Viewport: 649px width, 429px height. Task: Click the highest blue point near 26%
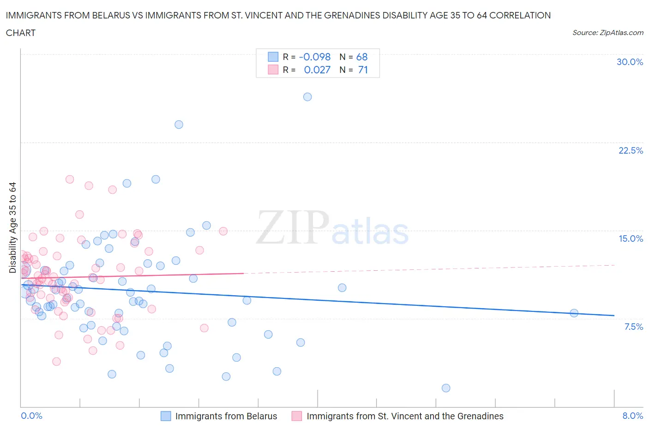pyautogui.click(x=307, y=97)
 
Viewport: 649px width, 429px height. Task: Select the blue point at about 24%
pyautogui.click(x=179, y=125)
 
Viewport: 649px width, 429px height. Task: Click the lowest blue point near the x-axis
pyautogui.click(x=446, y=388)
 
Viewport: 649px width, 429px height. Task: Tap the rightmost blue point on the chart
pyautogui.click(x=574, y=313)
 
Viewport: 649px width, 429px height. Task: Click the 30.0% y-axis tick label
pyautogui.click(x=630, y=62)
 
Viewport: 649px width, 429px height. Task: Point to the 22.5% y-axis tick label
pyautogui.click(x=631, y=151)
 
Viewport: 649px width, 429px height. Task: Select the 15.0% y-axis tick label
pyautogui.click(x=631, y=239)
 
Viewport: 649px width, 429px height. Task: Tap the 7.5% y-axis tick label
pyautogui.click(x=633, y=327)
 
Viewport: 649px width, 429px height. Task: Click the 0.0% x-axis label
pyautogui.click(x=32, y=416)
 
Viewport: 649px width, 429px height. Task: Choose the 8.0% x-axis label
pyautogui.click(x=632, y=416)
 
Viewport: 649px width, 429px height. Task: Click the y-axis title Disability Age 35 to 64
pyautogui.click(x=12, y=228)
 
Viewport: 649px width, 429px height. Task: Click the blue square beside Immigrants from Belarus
pyautogui.click(x=166, y=416)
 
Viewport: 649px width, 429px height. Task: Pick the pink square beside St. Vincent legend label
pyautogui.click(x=297, y=416)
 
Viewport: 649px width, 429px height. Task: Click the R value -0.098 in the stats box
pyautogui.click(x=315, y=57)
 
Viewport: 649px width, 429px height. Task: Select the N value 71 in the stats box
pyautogui.click(x=363, y=70)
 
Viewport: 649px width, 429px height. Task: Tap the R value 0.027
pyautogui.click(x=317, y=70)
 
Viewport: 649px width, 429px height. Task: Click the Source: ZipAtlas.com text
pyautogui.click(x=607, y=33)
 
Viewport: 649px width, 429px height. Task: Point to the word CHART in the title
pyautogui.click(x=21, y=33)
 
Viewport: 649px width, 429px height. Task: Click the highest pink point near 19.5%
pyautogui.click(x=70, y=179)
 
